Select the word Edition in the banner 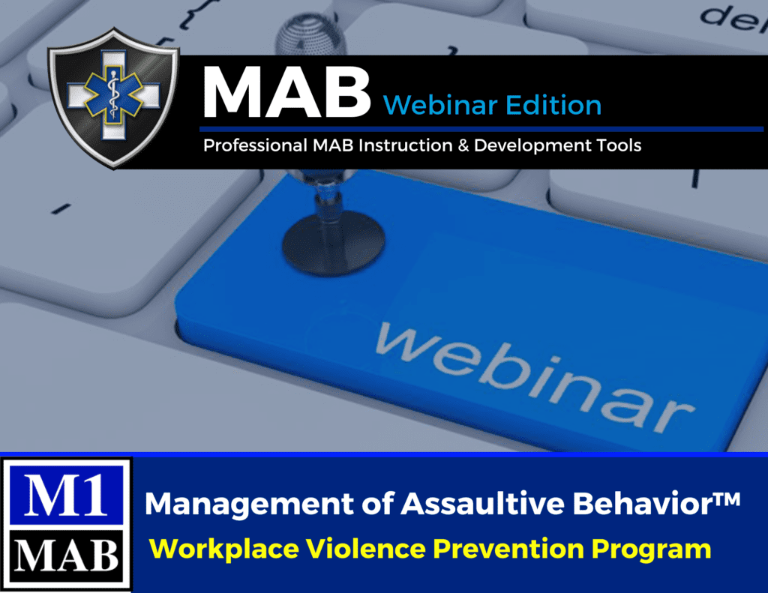(553, 105)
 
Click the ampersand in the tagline (460, 145)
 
